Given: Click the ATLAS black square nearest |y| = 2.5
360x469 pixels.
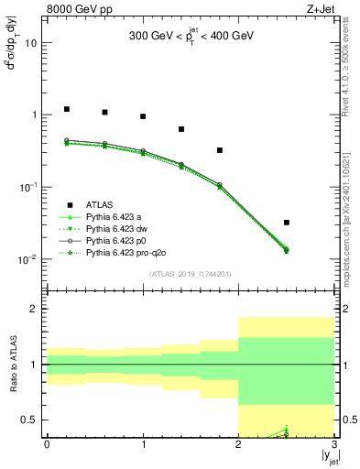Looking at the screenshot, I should click(287, 223).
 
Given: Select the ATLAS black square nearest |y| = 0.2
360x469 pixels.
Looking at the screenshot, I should click(66, 109).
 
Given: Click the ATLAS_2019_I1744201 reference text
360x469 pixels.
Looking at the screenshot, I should click(191, 274).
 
